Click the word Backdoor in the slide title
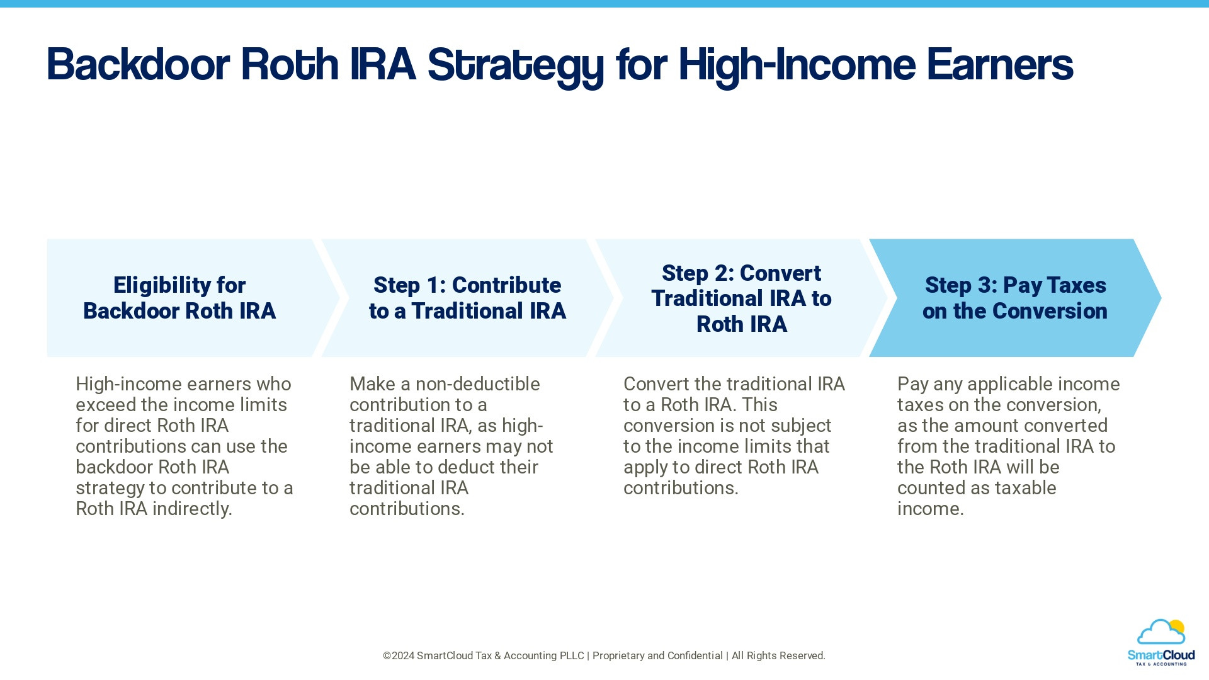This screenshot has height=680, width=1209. click(x=138, y=65)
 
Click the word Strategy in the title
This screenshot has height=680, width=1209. click(x=515, y=65)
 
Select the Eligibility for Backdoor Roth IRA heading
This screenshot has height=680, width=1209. click(x=179, y=298)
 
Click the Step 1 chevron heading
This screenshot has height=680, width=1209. click(x=467, y=298)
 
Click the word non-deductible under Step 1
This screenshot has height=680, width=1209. click(x=477, y=384)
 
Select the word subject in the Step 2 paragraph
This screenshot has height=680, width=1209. click(x=801, y=426)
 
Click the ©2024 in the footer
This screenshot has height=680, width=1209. click(x=399, y=656)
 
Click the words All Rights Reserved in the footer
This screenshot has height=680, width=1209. click(x=778, y=656)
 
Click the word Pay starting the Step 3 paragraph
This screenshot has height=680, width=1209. click(x=912, y=384)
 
